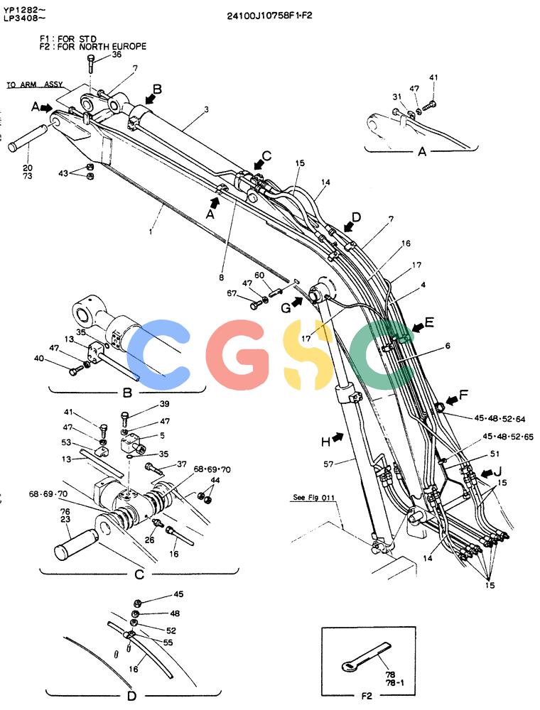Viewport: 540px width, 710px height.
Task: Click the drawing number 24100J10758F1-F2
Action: [x=269, y=16]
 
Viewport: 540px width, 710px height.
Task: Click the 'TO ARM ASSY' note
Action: [x=34, y=84]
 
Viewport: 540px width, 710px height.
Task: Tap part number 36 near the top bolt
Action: [x=117, y=55]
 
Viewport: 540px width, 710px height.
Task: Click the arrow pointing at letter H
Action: [x=337, y=437]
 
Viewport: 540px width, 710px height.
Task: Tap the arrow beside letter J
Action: [x=487, y=473]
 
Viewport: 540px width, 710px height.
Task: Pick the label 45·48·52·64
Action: [x=499, y=419]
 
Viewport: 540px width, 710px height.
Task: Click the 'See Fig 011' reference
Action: [x=313, y=497]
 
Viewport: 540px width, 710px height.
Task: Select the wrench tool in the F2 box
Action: [x=365, y=655]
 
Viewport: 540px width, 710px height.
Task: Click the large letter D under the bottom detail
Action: [x=131, y=696]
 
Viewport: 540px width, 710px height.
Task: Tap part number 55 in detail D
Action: [x=168, y=642]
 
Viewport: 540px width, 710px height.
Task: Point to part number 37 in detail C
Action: [x=182, y=464]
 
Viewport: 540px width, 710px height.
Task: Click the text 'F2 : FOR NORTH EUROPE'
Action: [x=93, y=46]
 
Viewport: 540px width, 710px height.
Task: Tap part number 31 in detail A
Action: [x=397, y=97]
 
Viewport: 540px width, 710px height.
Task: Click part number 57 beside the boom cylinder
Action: [x=328, y=464]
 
